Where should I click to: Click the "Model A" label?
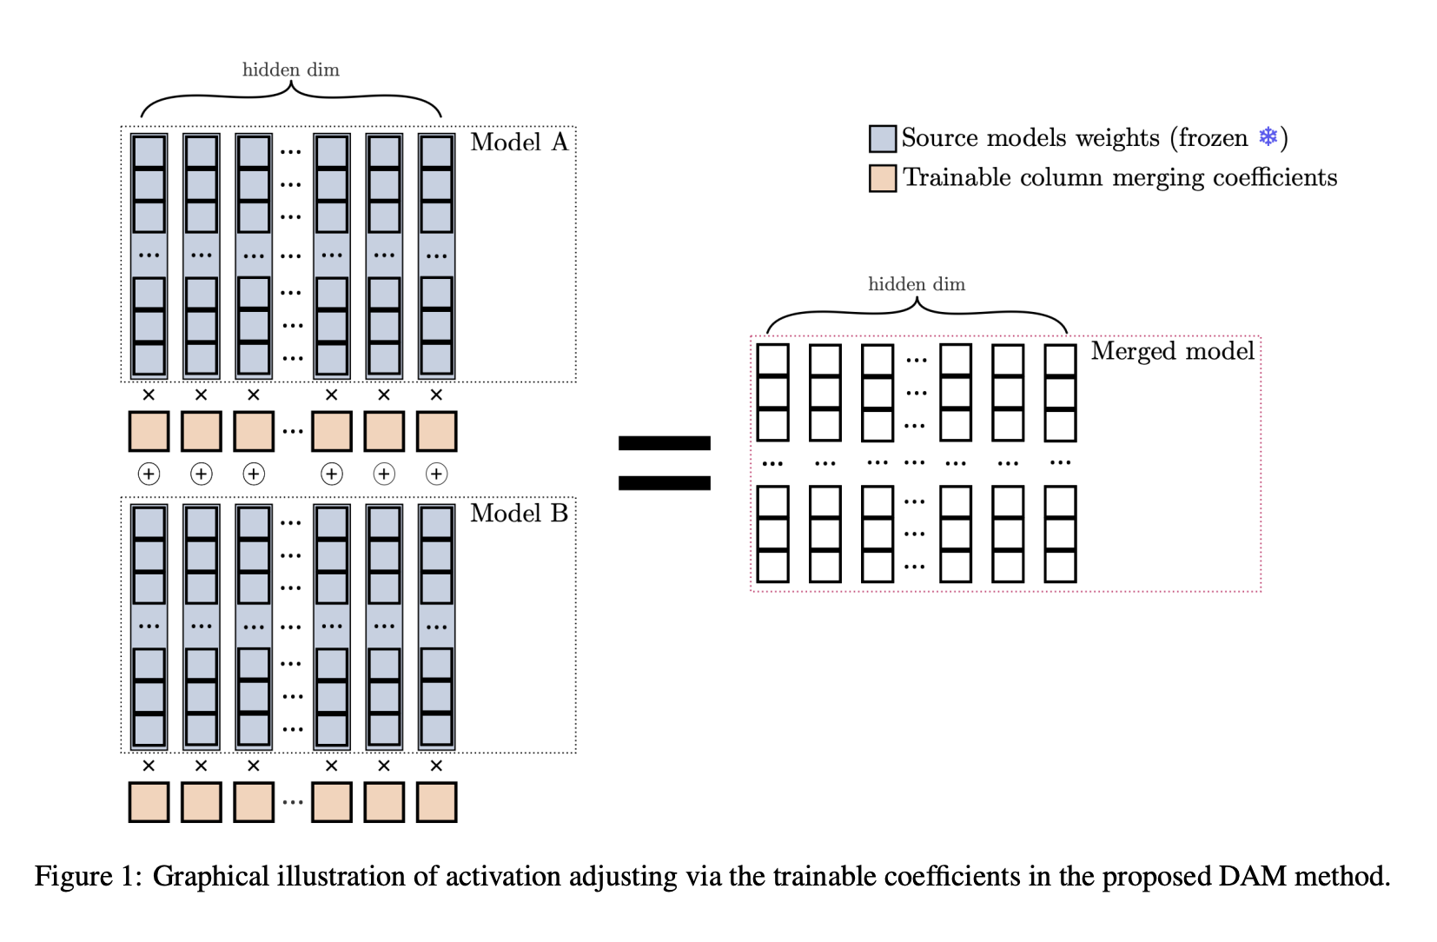click(x=519, y=142)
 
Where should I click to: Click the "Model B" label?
click(x=519, y=514)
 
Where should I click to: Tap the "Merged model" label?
click(x=1173, y=352)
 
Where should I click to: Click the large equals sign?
click(x=664, y=462)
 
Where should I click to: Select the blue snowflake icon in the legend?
click(x=1268, y=136)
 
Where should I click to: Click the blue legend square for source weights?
click(x=883, y=138)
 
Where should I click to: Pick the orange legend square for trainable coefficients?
click(x=883, y=178)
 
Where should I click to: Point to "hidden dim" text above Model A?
click(x=290, y=70)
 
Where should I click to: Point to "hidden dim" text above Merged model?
click(x=917, y=283)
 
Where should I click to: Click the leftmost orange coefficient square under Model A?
click(x=149, y=431)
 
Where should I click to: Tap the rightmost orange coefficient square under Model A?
click(x=436, y=431)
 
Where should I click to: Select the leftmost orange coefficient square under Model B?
click(x=149, y=802)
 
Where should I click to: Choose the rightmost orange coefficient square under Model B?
click(x=436, y=802)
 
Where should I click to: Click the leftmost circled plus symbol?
click(x=149, y=474)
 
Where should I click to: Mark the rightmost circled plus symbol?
click(x=436, y=474)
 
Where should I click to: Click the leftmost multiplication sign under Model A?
click(x=149, y=395)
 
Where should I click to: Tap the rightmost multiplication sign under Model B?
click(x=436, y=766)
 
